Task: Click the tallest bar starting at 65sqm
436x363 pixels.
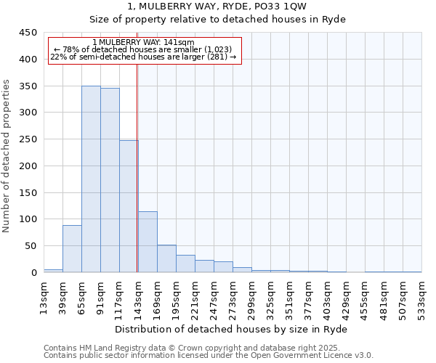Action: [91, 179]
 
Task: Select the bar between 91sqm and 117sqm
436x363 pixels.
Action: [110, 180]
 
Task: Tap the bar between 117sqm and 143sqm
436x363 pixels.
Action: [129, 206]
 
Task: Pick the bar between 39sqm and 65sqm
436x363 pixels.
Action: [72, 249]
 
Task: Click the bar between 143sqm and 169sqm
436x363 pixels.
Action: [148, 242]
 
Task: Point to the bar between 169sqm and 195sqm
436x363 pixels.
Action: [166, 258]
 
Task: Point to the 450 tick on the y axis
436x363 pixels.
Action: [28, 33]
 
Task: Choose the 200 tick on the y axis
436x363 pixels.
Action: [28, 166]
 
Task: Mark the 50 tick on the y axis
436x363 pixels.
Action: [31, 246]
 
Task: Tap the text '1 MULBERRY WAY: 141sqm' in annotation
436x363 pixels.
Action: [144, 43]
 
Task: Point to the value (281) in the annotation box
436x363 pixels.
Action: [218, 57]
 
